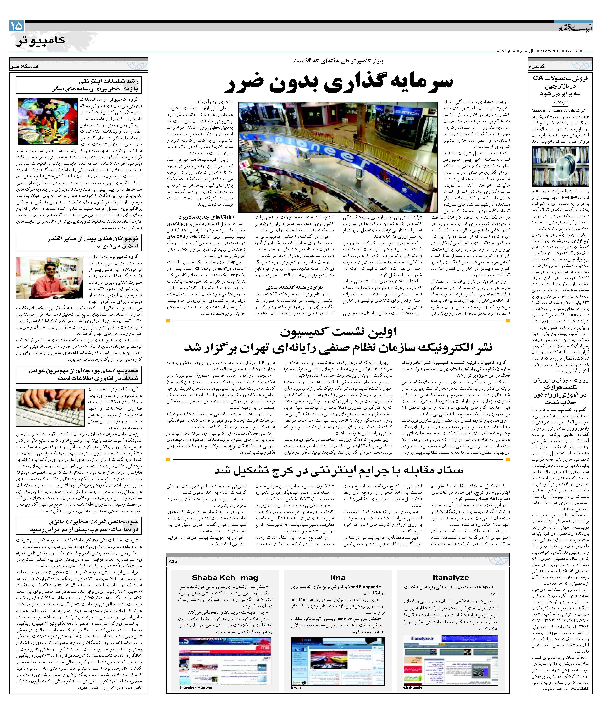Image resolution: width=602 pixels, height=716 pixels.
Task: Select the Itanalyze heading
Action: [x=450, y=577]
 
